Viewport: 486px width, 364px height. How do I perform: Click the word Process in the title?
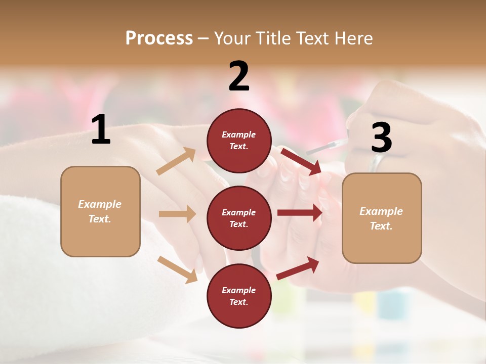coord(159,38)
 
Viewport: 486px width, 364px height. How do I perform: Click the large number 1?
coord(101,130)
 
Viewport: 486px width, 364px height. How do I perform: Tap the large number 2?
coord(239,76)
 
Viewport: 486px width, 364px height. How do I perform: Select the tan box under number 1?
coord(100,211)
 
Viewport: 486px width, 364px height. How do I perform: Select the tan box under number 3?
coord(382,218)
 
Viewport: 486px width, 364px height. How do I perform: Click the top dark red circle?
coord(239,141)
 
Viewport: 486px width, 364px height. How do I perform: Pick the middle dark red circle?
coord(239,218)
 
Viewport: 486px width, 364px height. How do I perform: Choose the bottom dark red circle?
coord(239,296)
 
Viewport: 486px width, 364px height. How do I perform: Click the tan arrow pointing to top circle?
coord(176,161)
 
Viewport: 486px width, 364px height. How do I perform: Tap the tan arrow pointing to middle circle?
coord(177,214)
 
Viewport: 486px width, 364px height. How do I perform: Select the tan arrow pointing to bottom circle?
coord(177,269)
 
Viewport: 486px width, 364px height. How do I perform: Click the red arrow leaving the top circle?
coord(301,162)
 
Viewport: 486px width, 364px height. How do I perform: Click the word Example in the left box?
coord(100,204)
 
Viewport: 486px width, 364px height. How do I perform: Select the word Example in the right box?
coord(381,211)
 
